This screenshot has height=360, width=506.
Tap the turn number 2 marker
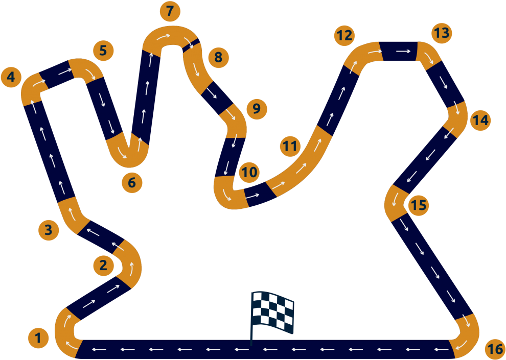click(103, 265)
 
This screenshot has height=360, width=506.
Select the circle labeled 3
click(49, 230)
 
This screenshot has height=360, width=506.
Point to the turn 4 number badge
click(11, 78)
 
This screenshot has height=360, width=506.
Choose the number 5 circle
click(103, 51)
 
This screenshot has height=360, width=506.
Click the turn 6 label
click(132, 182)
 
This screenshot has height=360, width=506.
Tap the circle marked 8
click(218, 57)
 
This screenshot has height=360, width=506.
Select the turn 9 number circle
click(256, 108)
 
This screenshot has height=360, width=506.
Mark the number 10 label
click(249, 172)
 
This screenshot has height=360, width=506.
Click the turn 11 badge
click(290, 147)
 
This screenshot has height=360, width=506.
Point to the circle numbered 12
click(344, 36)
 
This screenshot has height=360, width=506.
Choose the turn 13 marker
click(441, 33)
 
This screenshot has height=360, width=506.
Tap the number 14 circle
click(480, 121)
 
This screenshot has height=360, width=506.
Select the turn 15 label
click(418, 205)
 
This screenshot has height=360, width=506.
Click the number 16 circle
click(495, 349)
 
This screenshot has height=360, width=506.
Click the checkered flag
click(272, 310)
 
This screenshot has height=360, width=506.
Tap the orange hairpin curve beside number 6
click(128, 152)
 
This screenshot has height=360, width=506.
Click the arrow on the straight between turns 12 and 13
click(403, 51)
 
